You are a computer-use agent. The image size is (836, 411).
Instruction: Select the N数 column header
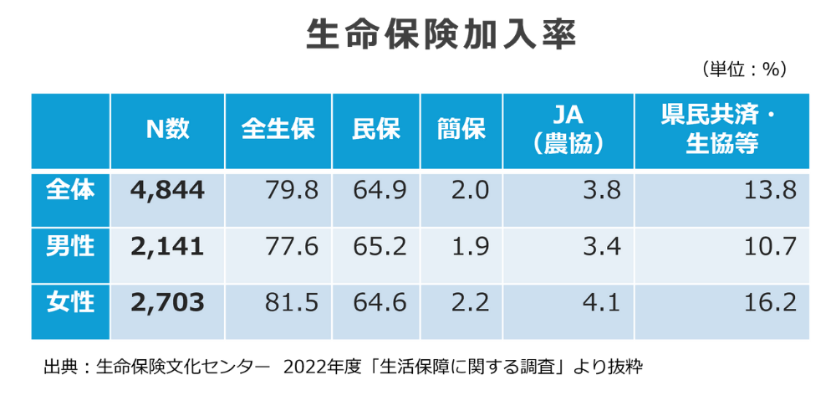(x=168, y=129)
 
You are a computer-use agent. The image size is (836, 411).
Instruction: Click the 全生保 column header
(x=278, y=129)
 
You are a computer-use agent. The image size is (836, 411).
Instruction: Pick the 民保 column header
(x=376, y=129)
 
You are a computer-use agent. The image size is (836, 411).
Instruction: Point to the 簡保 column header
(x=461, y=129)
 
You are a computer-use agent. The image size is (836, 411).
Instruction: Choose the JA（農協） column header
(x=568, y=129)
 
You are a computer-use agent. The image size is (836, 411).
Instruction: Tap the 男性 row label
(x=70, y=246)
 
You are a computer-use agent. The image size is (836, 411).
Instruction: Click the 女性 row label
(x=70, y=302)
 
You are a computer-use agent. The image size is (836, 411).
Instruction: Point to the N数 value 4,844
(x=168, y=191)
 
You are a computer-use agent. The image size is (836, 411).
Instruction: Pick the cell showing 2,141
(x=168, y=247)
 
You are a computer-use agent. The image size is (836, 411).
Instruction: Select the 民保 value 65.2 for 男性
(x=380, y=247)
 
